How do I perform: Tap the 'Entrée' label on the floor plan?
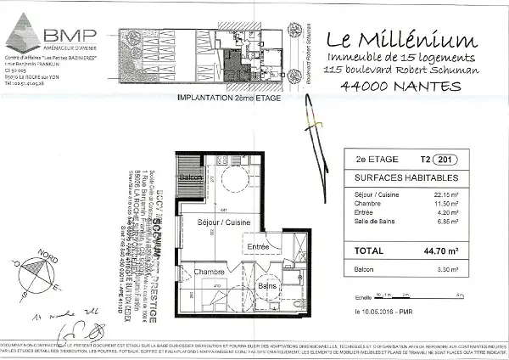click(258, 247)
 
